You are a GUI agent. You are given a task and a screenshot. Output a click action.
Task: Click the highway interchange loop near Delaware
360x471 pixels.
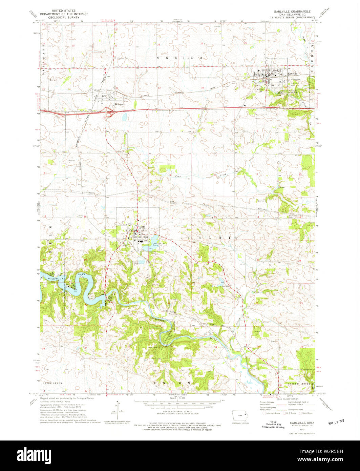(109, 114)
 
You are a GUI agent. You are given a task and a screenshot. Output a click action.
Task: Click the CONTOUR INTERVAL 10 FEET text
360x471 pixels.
(177, 411)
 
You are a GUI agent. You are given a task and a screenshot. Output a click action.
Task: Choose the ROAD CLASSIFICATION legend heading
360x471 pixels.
(285, 399)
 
